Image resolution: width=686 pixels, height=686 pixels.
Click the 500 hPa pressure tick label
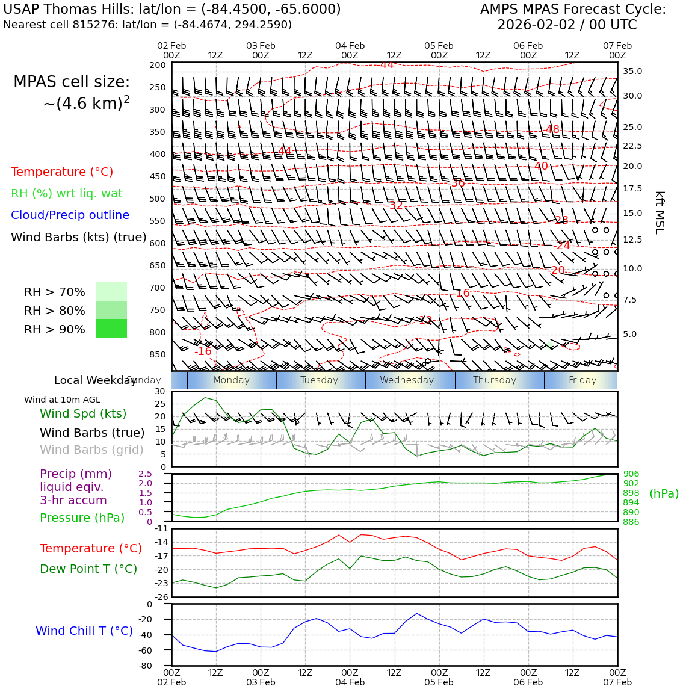157,199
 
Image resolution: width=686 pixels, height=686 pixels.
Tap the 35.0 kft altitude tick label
632,71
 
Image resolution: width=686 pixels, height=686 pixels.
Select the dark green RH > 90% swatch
111,329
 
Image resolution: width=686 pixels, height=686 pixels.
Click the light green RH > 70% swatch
111,292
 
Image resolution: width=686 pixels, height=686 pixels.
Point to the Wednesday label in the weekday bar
407,380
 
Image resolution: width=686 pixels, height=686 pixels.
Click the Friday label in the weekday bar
582,380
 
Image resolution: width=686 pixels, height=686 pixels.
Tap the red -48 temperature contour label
552,129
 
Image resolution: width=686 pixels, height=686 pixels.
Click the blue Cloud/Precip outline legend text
70,215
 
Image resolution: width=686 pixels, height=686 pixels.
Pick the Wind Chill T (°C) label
84,631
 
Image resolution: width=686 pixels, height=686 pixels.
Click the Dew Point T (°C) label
88,569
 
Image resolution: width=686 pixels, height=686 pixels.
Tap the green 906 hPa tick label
631,474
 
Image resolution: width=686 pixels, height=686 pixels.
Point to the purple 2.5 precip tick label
145,474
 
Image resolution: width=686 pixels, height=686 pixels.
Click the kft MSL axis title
660,212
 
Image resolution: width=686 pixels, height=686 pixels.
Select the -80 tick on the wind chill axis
145,666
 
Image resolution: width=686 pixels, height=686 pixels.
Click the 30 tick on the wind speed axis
160,391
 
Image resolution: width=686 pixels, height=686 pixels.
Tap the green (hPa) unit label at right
664,493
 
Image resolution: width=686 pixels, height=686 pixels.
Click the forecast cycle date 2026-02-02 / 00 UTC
567,25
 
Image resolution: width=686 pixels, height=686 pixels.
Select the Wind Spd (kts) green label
83,413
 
